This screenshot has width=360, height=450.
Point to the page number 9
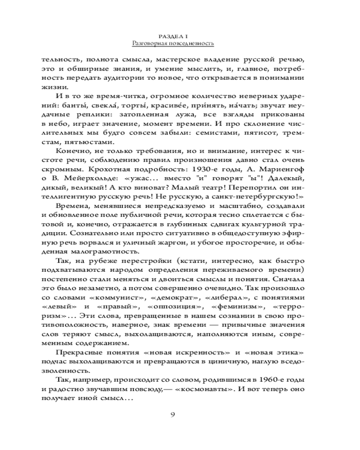coord(173,414)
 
